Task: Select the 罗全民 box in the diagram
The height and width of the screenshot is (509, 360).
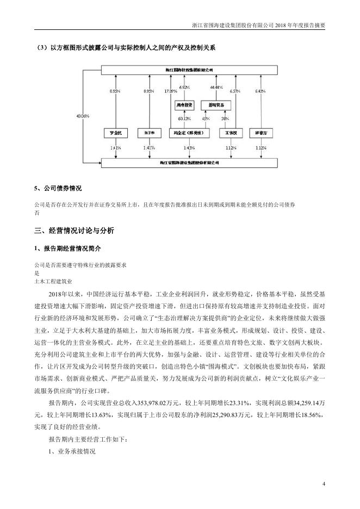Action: click(115, 132)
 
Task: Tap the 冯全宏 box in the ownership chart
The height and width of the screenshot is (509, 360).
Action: click(188, 132)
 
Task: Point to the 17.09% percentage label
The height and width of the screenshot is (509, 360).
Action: click(170, 91)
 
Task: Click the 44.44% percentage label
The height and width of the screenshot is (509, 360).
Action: click(216, 87)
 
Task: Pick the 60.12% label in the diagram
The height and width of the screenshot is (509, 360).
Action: click(184, 118)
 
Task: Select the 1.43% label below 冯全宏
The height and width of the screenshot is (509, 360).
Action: click(188, 147)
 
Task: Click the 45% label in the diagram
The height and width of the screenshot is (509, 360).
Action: click(206, 118)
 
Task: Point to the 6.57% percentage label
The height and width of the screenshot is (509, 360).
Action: click(234, 91)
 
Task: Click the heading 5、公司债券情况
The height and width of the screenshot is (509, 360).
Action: click(58, 188)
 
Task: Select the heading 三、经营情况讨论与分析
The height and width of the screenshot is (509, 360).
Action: click(74, 231)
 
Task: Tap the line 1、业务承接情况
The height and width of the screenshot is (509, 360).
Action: click(72, 451)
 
